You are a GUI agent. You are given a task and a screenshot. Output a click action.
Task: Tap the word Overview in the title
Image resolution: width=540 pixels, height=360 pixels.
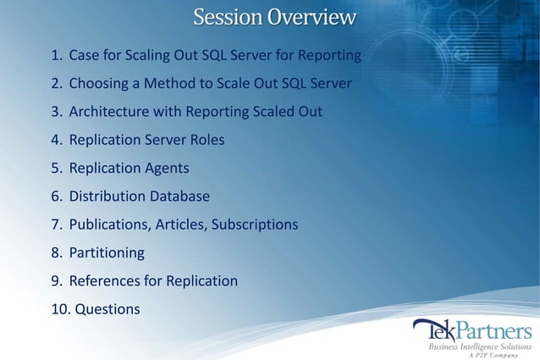312,17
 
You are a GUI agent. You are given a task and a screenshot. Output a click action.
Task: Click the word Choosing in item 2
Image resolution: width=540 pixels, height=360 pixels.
98,84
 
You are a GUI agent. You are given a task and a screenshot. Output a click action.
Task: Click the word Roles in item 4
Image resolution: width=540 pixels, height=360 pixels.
205,140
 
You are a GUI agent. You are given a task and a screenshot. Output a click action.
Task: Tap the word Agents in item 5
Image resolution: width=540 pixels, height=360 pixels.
166,168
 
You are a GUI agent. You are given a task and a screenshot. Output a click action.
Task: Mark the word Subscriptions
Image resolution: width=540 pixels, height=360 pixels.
255,224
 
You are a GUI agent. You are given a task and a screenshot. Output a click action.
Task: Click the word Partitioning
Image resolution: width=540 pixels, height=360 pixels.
107,252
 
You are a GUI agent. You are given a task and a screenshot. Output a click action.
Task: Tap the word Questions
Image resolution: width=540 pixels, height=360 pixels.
107,309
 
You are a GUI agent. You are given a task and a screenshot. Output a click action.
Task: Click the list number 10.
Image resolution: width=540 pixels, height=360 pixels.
60,309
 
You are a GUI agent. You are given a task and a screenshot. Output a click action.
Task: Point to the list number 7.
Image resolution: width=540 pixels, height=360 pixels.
56,224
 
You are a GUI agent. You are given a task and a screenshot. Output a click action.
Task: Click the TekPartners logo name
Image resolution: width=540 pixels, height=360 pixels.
471,330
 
